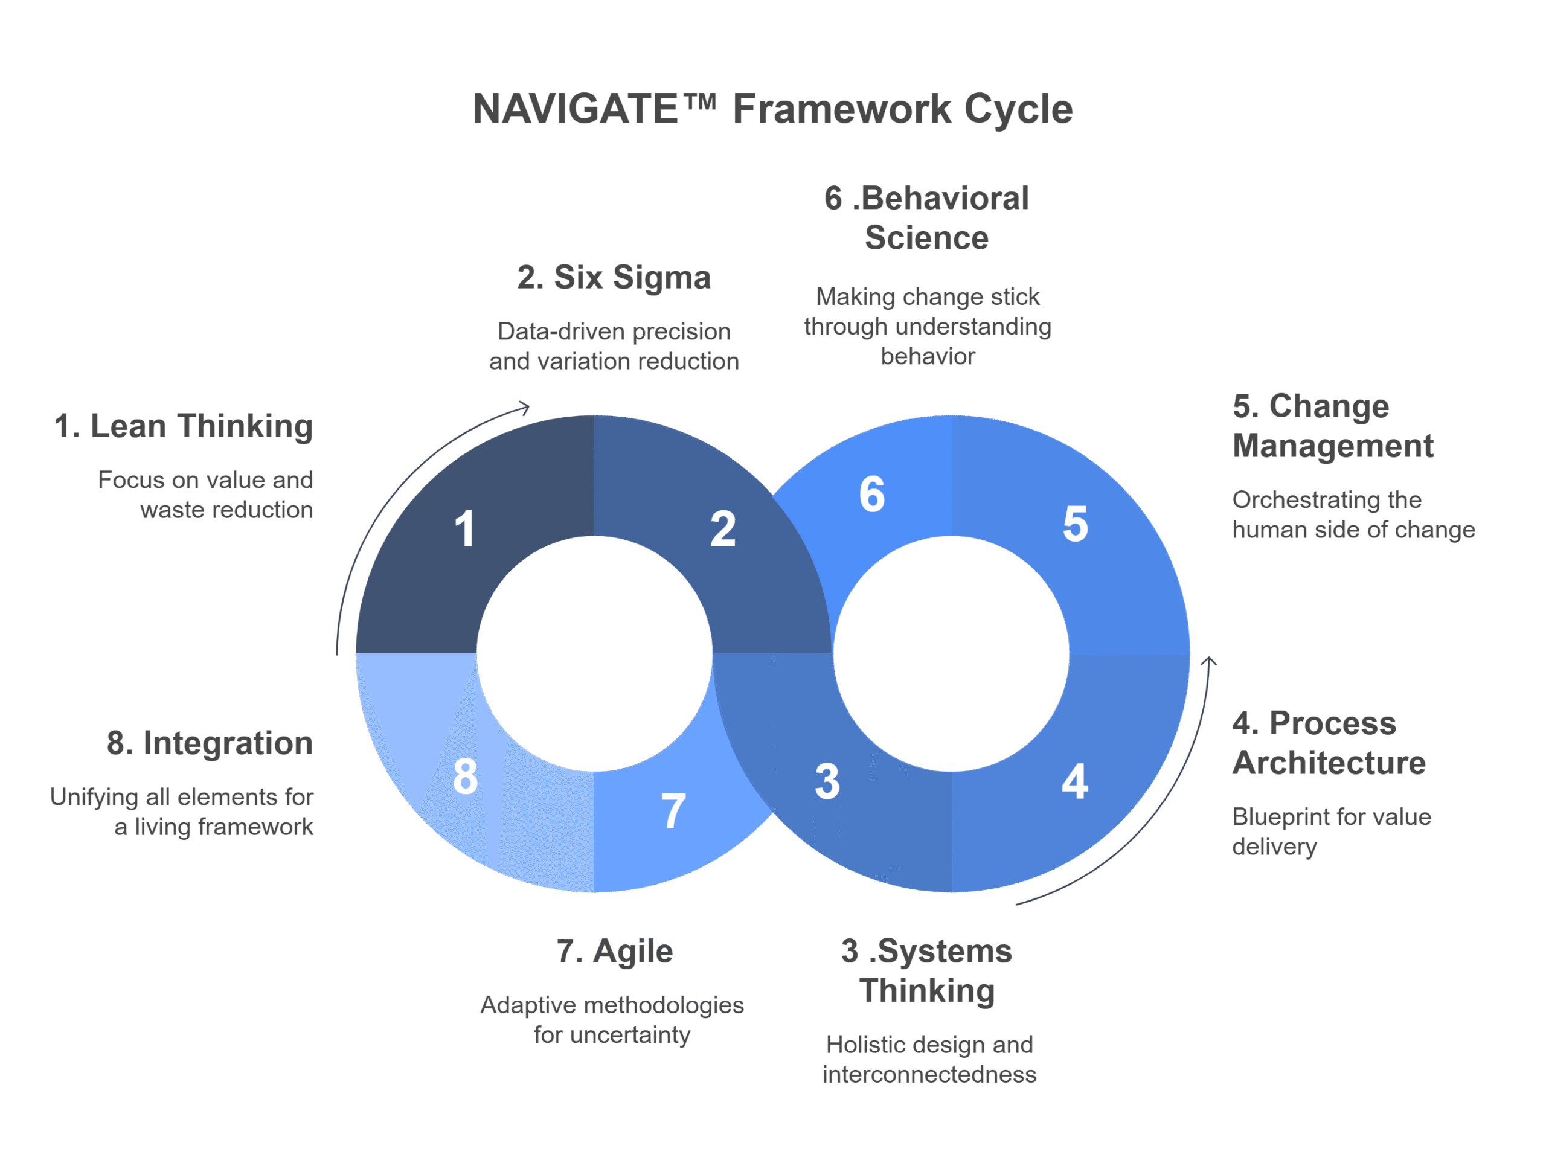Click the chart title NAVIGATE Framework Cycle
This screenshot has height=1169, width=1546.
772,110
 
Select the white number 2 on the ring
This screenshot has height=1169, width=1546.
723,529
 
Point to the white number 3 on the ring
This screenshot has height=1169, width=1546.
827,781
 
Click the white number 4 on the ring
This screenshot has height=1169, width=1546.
1074,781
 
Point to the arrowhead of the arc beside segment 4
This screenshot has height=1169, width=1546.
1209,661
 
